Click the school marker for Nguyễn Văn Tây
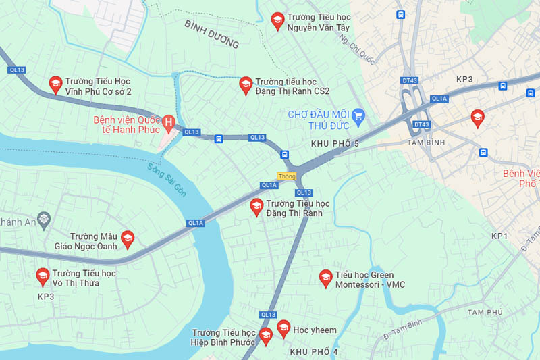tap(277, 20)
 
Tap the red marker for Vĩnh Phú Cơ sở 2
tap(55, 83)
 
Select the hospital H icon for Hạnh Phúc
tap(169, 122)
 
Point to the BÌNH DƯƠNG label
tap(211, 34)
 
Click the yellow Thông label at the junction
tap(287, 176)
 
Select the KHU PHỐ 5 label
tap(335, 144)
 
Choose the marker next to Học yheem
tap(283, 328)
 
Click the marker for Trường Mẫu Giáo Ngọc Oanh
tap(127, 238)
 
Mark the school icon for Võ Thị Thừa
tap(42, 275)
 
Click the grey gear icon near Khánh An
tap(45, 218)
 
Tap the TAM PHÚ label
tap(485, 312)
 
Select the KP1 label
tap(499, 236)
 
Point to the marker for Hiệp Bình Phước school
tap(265, 335)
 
